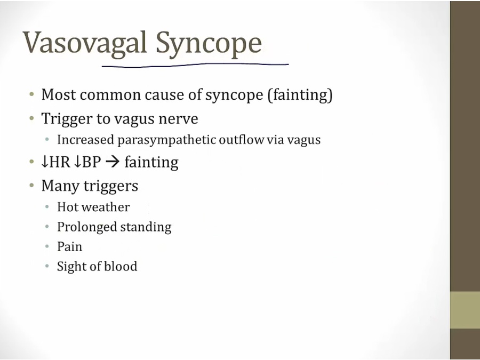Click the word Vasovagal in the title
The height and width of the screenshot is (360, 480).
point(84,43)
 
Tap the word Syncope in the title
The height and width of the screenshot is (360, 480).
point(209,44)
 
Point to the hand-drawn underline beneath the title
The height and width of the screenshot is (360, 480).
point(195,65)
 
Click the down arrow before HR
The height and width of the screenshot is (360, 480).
point(45,162)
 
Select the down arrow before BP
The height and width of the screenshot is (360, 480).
point(78,162)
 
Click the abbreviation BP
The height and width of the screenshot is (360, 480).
point(91,162)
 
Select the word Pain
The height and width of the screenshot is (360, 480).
point(69,247)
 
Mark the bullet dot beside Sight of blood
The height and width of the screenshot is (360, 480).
point(47,266)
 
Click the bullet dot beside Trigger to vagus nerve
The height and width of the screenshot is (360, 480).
point(31,118)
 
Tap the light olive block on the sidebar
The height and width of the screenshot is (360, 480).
point(465,310)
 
